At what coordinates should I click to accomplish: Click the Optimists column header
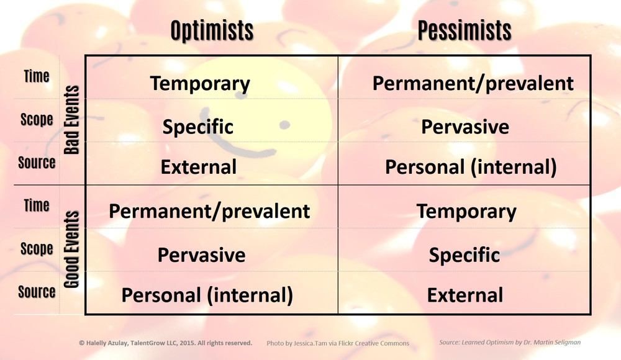(212, 31)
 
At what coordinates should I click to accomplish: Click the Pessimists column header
(465, 31)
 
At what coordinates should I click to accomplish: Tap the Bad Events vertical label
(71, 120)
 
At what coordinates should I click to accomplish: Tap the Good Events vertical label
(71, 249)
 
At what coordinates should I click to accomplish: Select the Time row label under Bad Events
(37, 76)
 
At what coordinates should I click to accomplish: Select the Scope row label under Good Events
(37, 249)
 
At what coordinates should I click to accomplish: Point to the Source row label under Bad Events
(37, 163)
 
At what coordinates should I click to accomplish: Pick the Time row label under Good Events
(37, 205)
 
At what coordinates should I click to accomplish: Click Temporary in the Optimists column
(200, 84)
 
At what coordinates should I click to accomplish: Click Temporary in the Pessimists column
(466, 212)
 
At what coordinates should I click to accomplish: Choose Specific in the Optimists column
(197, 127)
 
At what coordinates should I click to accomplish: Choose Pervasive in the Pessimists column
(465, 127)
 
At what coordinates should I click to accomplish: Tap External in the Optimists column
(199, 167)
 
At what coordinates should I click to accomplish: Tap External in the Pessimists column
(465, 295)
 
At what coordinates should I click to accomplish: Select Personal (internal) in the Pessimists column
(471, 167)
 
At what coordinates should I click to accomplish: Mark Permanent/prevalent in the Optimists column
(209, 212)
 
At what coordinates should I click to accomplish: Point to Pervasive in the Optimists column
(201, 255)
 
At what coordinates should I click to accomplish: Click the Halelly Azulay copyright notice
(166, 343)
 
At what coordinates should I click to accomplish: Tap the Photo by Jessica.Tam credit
(338, 343)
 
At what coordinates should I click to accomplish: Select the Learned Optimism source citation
(510, 343)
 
